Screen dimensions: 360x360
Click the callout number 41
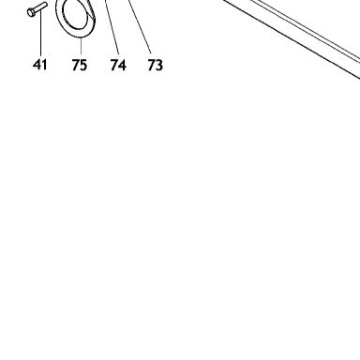[x=39, y=65]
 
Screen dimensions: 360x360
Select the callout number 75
[x=80, y=65]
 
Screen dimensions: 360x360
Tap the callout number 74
[x=118, y=65]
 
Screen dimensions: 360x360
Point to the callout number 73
[x=156, y=65]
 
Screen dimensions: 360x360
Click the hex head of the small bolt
[x=31, y=12]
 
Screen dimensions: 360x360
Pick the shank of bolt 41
[x=41, y=7]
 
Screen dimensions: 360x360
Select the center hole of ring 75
[x=74, y=12]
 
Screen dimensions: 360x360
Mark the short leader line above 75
[x=81, y=47]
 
